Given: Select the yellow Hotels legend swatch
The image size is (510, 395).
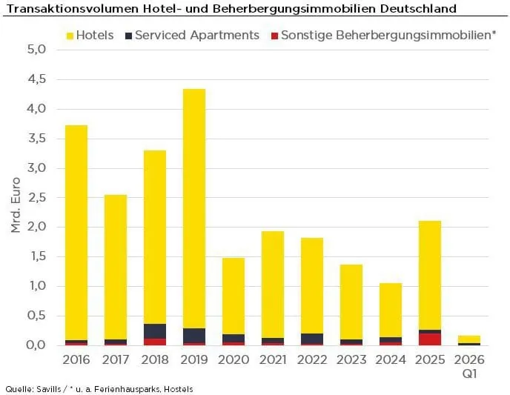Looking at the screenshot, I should (x=70, y=36).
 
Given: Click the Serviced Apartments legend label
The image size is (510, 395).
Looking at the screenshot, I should (x=197, y=35).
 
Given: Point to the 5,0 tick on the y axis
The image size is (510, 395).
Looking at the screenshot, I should (x=36, y=50).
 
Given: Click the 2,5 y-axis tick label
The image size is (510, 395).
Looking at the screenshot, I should (x=36, y=198).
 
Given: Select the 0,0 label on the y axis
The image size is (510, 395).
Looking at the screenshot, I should (x=36, y=345).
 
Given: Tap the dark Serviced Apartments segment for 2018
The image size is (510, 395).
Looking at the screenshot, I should (x=155, y=331).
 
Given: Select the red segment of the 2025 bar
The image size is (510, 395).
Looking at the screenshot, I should (x=430, y=339).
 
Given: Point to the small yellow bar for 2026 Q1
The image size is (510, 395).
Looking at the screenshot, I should (x=469, y=339).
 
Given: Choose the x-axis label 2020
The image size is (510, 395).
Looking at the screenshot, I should (x=234, y=360).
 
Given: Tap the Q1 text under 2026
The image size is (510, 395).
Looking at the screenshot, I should (x=469, y=373).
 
